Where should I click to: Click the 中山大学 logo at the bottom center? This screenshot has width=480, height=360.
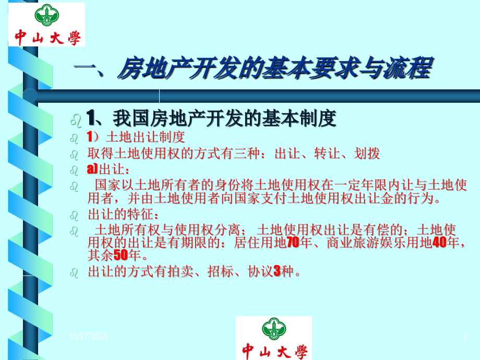click(x=274, y=338)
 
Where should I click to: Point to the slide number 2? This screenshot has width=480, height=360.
click(x=465, y=338)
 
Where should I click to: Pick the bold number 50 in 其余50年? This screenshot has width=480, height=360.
click(x=121, y=255)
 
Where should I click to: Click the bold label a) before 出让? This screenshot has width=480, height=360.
click(x=93, y=169)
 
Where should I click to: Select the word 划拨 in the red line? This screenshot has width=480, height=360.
click(x=367, y=153)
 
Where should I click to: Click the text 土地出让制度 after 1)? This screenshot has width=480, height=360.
click(x=146, y=138)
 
